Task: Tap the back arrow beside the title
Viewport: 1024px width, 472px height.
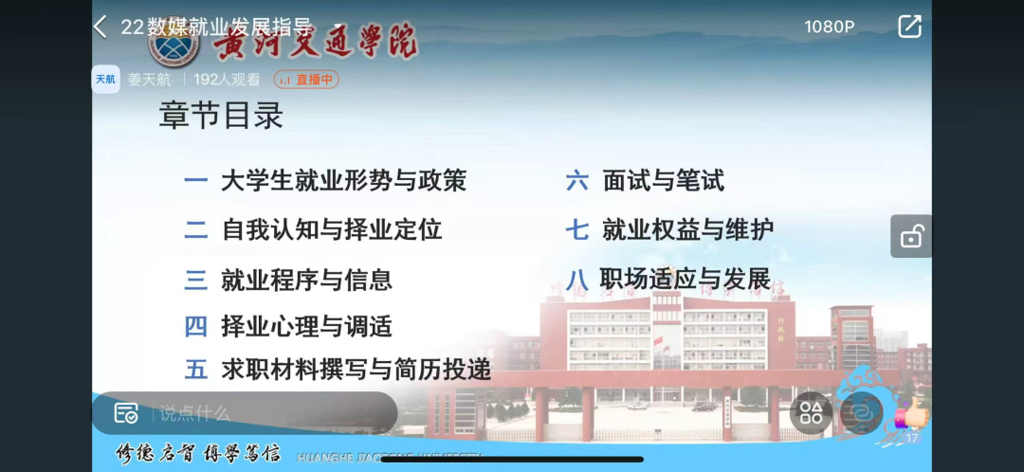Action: click(100, 27)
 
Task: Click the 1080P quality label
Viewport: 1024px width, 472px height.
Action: click(829, 27)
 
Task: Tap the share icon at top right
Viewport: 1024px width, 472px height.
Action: click(909, 27)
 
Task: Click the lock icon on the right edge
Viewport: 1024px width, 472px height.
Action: click(911, 237)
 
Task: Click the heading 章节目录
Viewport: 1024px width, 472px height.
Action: click(221, 116)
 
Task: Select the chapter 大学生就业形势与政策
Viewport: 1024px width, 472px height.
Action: click(343, 181)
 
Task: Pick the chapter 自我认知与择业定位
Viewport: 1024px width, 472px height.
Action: click(331, 230)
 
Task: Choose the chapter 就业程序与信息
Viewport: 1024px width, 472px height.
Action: click(306, 280)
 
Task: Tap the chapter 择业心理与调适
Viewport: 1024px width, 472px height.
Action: click(306, 326)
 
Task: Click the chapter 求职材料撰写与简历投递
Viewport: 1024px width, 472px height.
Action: click(355, 370)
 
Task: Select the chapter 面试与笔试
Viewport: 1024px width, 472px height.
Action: click(663, 181)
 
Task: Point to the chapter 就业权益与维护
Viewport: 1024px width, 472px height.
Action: click(687, 230)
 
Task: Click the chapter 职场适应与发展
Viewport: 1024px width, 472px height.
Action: click(685, 279)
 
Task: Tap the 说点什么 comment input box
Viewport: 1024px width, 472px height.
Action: click(250, 413)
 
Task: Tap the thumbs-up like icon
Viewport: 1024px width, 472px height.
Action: click(912, 414)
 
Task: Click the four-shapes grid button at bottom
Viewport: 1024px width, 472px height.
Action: click(811, 413)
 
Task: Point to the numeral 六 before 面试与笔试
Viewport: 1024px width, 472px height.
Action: click(577, 181)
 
